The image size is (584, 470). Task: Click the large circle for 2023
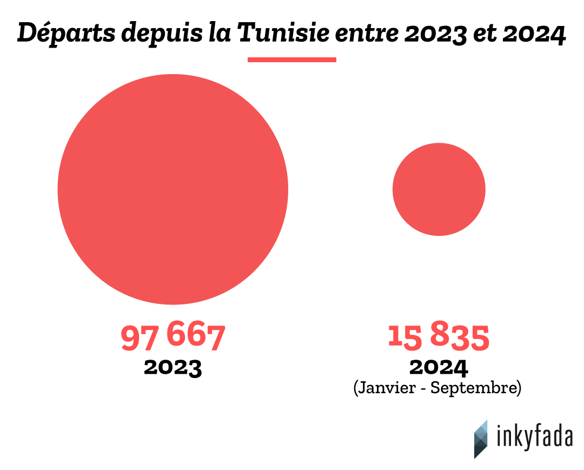(x=173, y=189)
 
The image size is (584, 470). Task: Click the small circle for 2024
(x=439, y=189)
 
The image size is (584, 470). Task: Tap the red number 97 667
(x=172, y=336)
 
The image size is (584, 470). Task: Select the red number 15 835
(x=439, y=336)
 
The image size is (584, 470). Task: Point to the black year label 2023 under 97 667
(x=172, y=367)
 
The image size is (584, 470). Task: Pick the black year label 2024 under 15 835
(x=439, y=367)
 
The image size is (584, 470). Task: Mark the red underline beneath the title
(x=292, y=59)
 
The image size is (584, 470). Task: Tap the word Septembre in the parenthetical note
(x=476, y=388)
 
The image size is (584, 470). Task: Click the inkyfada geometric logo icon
(x=481, y=439)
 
